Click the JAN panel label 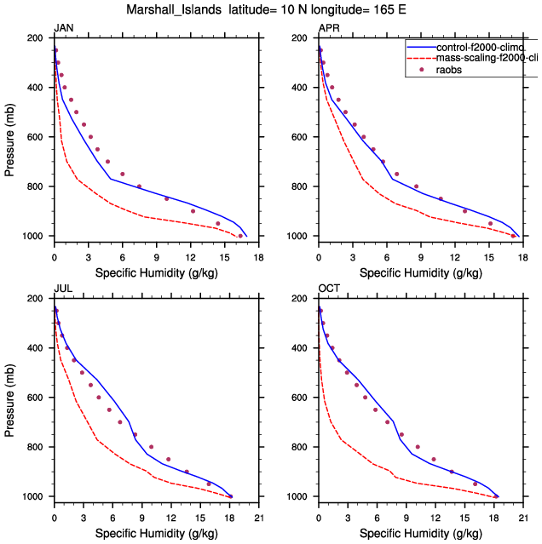coord(63,28)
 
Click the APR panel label coord(328,28)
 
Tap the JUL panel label coord(62,289)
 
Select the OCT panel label coord(329,289)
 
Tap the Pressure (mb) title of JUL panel coord(9,398)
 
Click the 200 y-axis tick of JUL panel coord(37,299)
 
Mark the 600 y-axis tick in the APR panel coord(301,137)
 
